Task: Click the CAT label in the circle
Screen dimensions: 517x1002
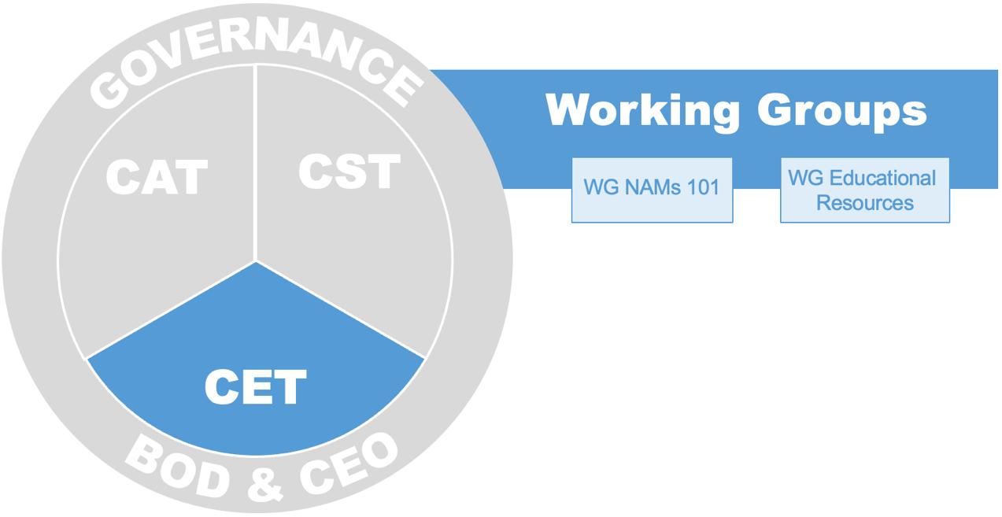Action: point(157,177)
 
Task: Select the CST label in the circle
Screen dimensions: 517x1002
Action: point(349,171)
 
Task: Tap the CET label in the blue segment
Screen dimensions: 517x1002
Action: point(255,387)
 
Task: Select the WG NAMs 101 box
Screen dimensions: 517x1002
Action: point(652,190)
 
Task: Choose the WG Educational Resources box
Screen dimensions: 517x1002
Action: point(864,190)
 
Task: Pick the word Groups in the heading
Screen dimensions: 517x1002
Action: point(842,111)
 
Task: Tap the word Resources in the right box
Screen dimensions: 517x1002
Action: point(864,202)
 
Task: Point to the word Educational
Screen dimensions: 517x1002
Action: point(882,177)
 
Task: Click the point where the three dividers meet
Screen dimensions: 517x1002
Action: point(256,261)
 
